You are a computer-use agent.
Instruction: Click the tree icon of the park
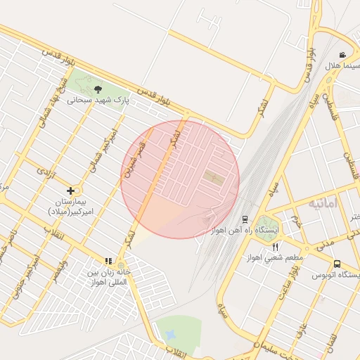tap(98, 89)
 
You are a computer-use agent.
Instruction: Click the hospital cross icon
tap(70, 191)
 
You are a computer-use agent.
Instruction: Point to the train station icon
tap(245, 219)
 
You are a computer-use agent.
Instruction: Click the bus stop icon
tap(337, 264)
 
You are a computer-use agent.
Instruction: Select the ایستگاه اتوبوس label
tap(338, 274)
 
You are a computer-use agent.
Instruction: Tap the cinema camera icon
tap(342, 56)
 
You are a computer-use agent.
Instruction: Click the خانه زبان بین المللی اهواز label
tap(109, 276)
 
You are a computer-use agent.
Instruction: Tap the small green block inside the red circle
tap(214, 179)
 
